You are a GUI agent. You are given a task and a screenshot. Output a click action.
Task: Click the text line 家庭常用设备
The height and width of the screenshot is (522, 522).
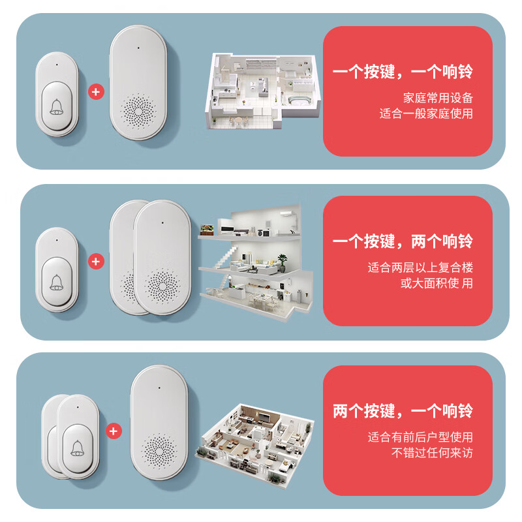(438, 98)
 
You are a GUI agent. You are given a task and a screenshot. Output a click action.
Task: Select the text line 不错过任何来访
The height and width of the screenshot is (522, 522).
(432, 453)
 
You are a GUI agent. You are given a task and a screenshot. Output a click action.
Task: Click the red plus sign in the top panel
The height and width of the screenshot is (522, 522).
(96, 91)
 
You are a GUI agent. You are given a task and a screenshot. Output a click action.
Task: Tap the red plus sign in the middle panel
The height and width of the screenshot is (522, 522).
(96, 261)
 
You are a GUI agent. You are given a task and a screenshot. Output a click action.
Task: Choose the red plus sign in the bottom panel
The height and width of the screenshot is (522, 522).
(114, 431)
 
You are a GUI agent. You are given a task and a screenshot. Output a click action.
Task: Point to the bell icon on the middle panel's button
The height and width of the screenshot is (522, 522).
(57, 281)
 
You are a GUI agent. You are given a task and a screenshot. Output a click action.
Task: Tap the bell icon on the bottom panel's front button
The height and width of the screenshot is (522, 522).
(78, 447)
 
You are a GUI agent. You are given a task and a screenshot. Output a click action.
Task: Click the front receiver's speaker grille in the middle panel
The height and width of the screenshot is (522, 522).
(162, 284)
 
